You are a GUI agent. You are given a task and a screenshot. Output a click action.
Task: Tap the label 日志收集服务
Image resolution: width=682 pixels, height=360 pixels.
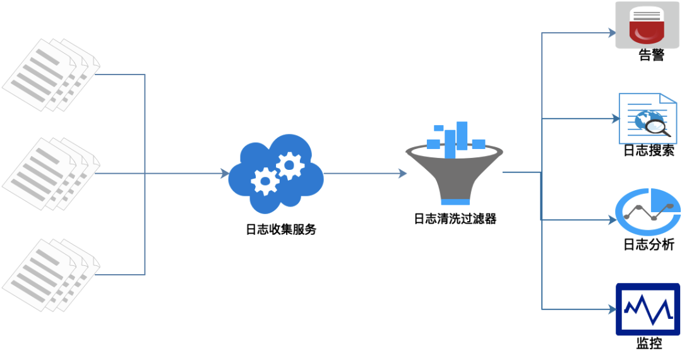tap(280, 230)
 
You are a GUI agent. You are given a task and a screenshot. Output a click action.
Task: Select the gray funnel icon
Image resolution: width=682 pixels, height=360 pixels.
tap(454, 174)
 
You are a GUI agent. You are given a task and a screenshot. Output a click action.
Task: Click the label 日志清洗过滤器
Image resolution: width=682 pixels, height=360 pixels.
tap(455, 219)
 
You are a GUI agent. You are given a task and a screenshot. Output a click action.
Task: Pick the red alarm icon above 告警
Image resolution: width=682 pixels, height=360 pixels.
tap(647, 25)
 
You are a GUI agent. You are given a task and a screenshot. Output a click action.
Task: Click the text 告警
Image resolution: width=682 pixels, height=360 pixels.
tap(651, 56)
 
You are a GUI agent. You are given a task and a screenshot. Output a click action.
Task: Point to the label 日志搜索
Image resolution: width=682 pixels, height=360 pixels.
tap(649, 150)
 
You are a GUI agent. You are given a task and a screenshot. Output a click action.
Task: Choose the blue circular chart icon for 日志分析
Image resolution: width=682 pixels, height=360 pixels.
tap(648, 211)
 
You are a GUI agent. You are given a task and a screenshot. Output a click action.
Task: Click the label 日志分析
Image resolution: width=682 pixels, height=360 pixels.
tap(649, 244)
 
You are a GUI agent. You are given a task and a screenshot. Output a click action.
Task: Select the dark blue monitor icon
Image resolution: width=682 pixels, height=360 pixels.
tap(648, 309)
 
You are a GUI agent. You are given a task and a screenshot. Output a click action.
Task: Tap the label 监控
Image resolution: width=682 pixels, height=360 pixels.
tap(649, 344)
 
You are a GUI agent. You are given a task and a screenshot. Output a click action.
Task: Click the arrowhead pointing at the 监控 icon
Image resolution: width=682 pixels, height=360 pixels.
tap(612, 309)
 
